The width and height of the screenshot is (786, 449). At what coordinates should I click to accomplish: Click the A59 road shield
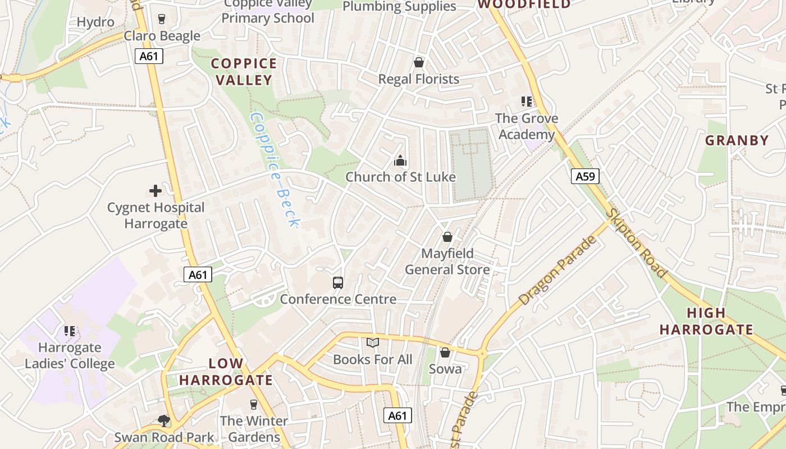pyautogui.click(x=585, y=176)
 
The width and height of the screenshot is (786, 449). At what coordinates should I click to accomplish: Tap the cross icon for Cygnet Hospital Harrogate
pyautogui.click(x=155, y=191)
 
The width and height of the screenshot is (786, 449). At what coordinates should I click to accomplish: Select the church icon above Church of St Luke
pyautogui.click(x=400, y=161)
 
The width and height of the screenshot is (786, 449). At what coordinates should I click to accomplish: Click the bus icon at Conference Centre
pyautogui.click(x=338, y=283)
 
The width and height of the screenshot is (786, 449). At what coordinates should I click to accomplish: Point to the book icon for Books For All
pyautogui.click(x=373, y=342)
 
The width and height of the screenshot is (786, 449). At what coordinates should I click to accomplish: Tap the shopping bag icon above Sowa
pyautogui.click(x=445, y=352)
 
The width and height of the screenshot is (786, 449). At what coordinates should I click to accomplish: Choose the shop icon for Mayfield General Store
pyautogui.click(x=447, y=237)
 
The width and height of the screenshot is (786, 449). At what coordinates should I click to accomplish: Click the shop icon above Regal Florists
pyautogui.click(x=418, y=62)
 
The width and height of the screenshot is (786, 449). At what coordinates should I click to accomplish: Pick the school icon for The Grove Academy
pyautogui.click(x=527, y=102)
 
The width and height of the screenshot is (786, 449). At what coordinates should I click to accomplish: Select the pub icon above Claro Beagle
pyautogui.click(x=162, y=19)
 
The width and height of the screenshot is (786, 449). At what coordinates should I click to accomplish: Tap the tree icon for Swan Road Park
pyautogui.click(x=163, y=420)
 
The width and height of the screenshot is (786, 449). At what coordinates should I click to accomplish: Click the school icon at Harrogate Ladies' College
pyautogui.click(x=70, y=331)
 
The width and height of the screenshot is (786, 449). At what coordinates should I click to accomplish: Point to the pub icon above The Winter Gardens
pyautogui.click(x=254, y=404)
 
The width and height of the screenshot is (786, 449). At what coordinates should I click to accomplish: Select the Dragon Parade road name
pyautogui.click(x=556, y=271)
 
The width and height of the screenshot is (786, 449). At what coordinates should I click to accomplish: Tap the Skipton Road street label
pyautogui.click(x=637, y=243)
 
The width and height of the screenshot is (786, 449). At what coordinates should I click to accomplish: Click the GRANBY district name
pyautogui.click(x=737, y=140)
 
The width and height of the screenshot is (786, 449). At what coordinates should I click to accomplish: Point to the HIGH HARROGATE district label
pyautogui.click(x=706, y=321)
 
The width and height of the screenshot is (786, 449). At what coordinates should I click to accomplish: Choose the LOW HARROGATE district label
pyautogui.click(x=226, y=372)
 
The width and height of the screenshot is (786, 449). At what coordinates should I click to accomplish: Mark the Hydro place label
pyautogui.click(x=95, y=22)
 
